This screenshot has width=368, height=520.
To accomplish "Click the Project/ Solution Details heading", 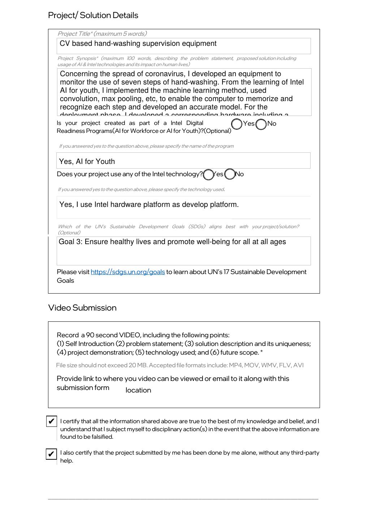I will point(93,15).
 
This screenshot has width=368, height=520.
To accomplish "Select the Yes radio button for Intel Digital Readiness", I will point(237,124).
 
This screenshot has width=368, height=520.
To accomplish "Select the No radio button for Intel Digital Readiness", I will point(261,124).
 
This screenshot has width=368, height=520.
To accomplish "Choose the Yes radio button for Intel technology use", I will point(208,175).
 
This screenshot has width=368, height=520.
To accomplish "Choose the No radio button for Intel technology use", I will point(230,174).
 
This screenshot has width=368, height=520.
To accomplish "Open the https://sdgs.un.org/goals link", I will point(127,272).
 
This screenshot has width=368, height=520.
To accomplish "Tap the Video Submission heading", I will point(82,308).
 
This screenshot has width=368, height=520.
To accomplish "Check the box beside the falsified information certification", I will point(51,421).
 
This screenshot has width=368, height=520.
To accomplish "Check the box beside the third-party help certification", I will point(51,454).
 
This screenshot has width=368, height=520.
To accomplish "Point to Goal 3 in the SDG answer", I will point(70,242).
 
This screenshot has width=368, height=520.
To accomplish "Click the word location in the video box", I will point(138,390).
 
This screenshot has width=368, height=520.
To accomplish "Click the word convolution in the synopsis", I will point(79,99).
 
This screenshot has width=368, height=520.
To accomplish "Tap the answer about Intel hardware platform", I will point(149,205).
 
